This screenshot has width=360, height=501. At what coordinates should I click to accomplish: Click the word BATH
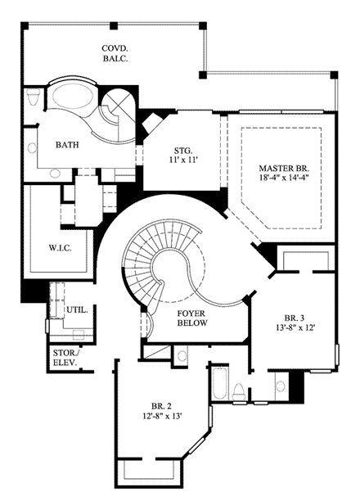click(67, 145)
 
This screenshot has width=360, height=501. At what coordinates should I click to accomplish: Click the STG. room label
click(182, 150)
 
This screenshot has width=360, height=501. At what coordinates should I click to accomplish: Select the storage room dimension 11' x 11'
click(182, 160)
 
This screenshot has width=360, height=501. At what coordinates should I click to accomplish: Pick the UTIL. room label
click(78, 311)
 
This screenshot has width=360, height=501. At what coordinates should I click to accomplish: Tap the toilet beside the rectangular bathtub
click(237, 391)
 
